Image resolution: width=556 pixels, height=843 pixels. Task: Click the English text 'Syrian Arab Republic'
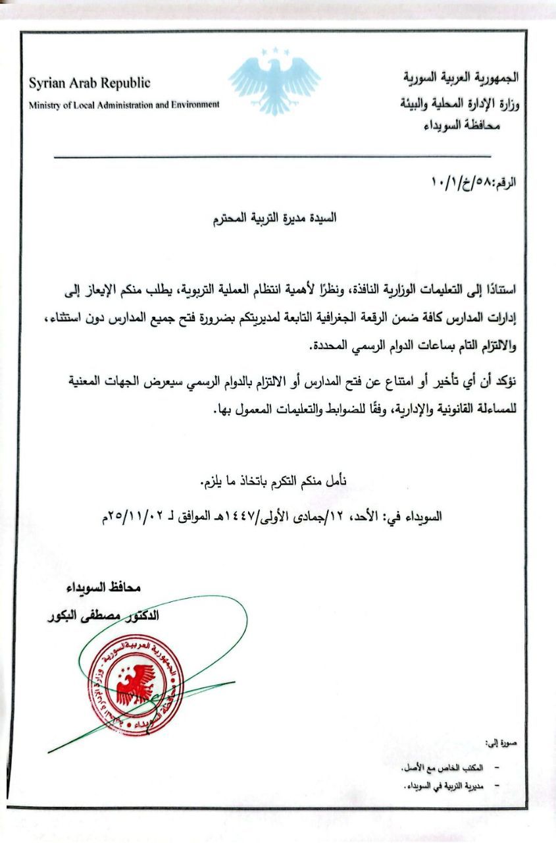[89, 84]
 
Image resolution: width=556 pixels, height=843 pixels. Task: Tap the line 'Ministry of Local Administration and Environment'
[124, 105]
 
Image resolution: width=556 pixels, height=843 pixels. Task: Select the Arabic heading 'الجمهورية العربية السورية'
[461, 77]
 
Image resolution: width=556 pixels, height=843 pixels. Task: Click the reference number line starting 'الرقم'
[474, 180]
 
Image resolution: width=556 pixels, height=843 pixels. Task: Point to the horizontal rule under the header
[272, 157]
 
